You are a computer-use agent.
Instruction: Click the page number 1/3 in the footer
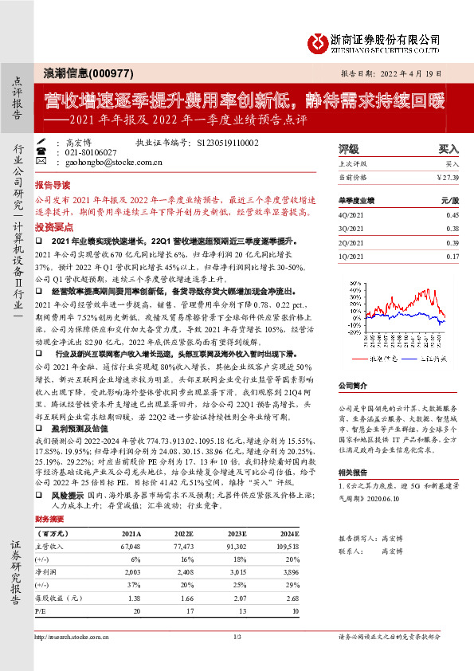pos(237,636)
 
